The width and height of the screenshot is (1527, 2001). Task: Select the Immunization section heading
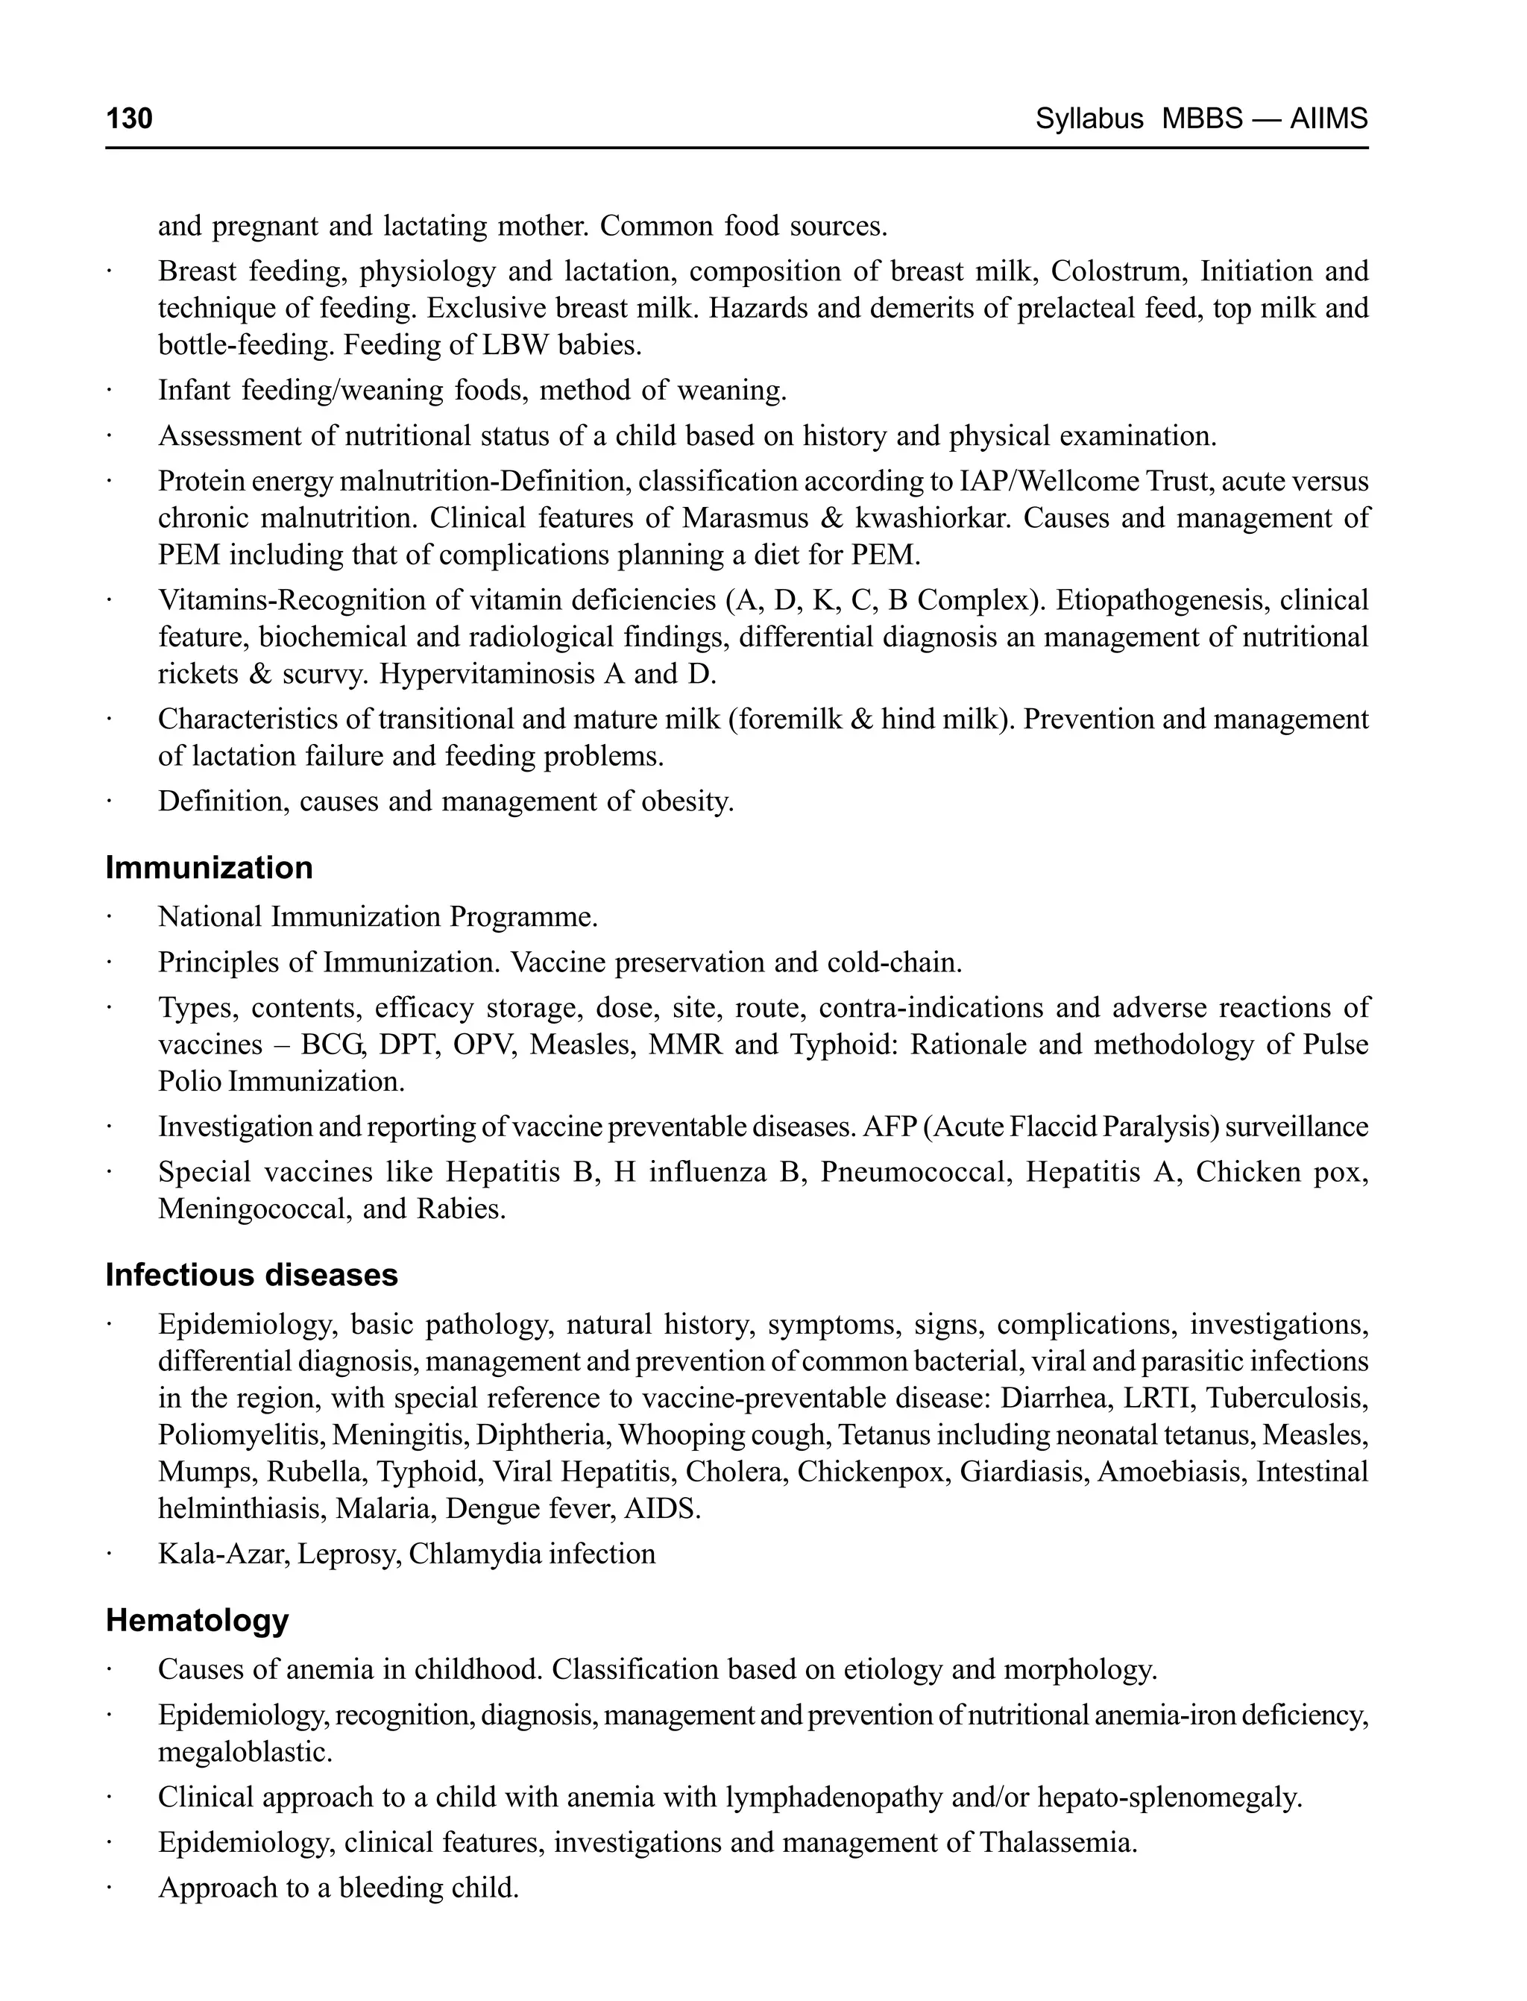click(x=209, y=868)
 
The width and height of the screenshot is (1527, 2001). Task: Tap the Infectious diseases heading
click(x=252, y=1275)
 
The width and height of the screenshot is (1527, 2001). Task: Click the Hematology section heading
click(x=198, y=1620)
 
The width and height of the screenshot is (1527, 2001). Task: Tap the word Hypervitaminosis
click(x=485, y=674)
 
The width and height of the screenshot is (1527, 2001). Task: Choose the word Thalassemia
click(x=1058, y=1843)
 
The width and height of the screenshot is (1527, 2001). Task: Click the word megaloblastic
click(x=245, y=1752)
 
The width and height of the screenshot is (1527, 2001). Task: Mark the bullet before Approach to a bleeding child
click(x=108, y=1888)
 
